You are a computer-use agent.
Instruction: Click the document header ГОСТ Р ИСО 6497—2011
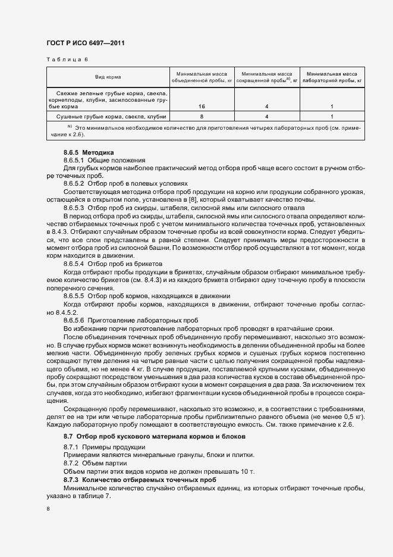click(85, 43)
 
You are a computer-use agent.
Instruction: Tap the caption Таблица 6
click(67, 60)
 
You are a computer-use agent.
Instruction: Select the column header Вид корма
click(108, 78)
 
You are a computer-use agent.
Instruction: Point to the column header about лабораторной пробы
click(331, 75)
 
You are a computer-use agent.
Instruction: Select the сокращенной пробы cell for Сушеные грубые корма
click(266, 117)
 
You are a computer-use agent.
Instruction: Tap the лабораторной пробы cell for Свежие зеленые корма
click(331, 106)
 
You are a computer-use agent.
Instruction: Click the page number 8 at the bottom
click(48, 509)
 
